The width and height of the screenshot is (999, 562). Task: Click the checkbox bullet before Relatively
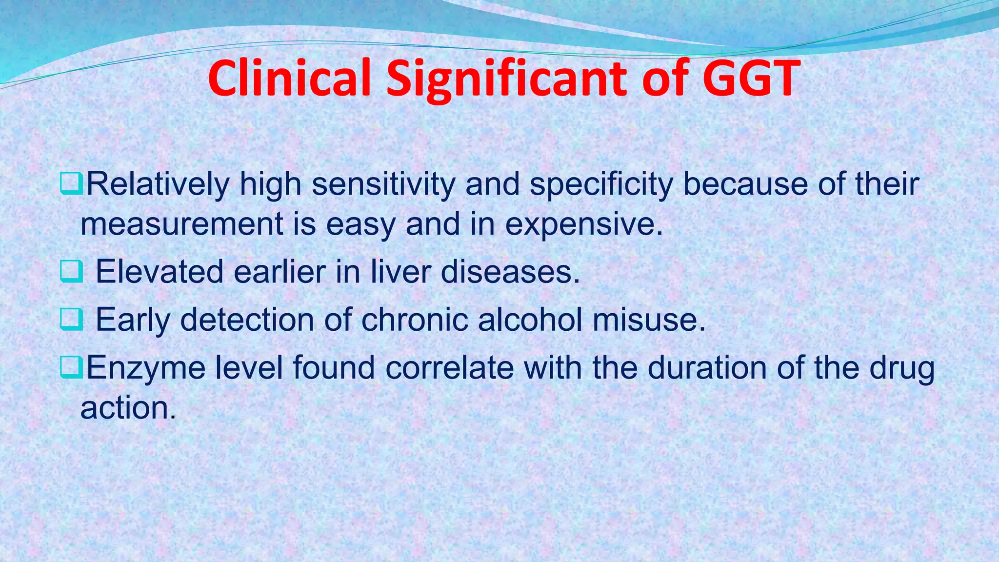point(71,184)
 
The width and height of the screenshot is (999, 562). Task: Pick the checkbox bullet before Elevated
point(71,272)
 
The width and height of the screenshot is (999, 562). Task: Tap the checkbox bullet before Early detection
point(71,320)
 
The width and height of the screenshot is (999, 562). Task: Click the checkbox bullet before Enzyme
point(71,367)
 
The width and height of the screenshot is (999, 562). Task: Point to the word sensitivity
point(383,184)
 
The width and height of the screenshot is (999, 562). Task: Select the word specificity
point(601,184)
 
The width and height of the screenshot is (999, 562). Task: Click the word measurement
point(181,224)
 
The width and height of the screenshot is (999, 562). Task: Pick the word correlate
point(449,367)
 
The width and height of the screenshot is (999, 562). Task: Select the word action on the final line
point(127,407)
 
